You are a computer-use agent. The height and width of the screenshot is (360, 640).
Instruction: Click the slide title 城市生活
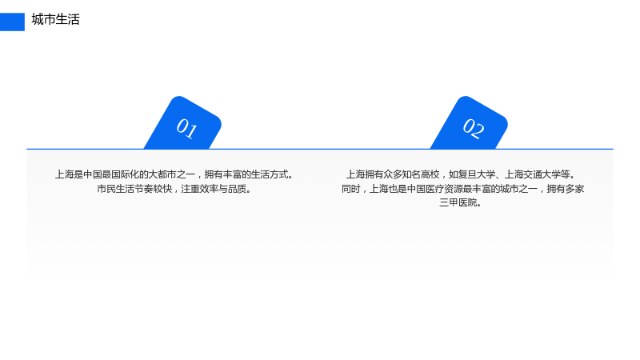click(x=55, y=19)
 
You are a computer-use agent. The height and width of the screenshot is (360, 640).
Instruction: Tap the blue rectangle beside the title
click(x=12, y=22)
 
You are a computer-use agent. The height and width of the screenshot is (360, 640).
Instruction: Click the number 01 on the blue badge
click(x=186, y=128)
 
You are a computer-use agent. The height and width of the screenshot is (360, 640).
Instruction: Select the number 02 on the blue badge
click(x=474, y=128)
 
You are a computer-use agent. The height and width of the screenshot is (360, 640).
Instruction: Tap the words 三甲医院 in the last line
click(x=458, y=202)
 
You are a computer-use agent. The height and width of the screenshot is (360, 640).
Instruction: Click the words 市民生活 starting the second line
click(x=115, y=189)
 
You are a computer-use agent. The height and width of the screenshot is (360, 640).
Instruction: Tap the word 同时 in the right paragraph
click(x=351, y=189)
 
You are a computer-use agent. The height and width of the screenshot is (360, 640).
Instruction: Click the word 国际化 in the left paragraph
click(x=125, y=174)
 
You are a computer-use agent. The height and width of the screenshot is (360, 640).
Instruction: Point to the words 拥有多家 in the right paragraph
click(x=566, y=189)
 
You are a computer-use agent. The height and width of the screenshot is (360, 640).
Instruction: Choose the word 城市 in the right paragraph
click(x=509, y=189)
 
